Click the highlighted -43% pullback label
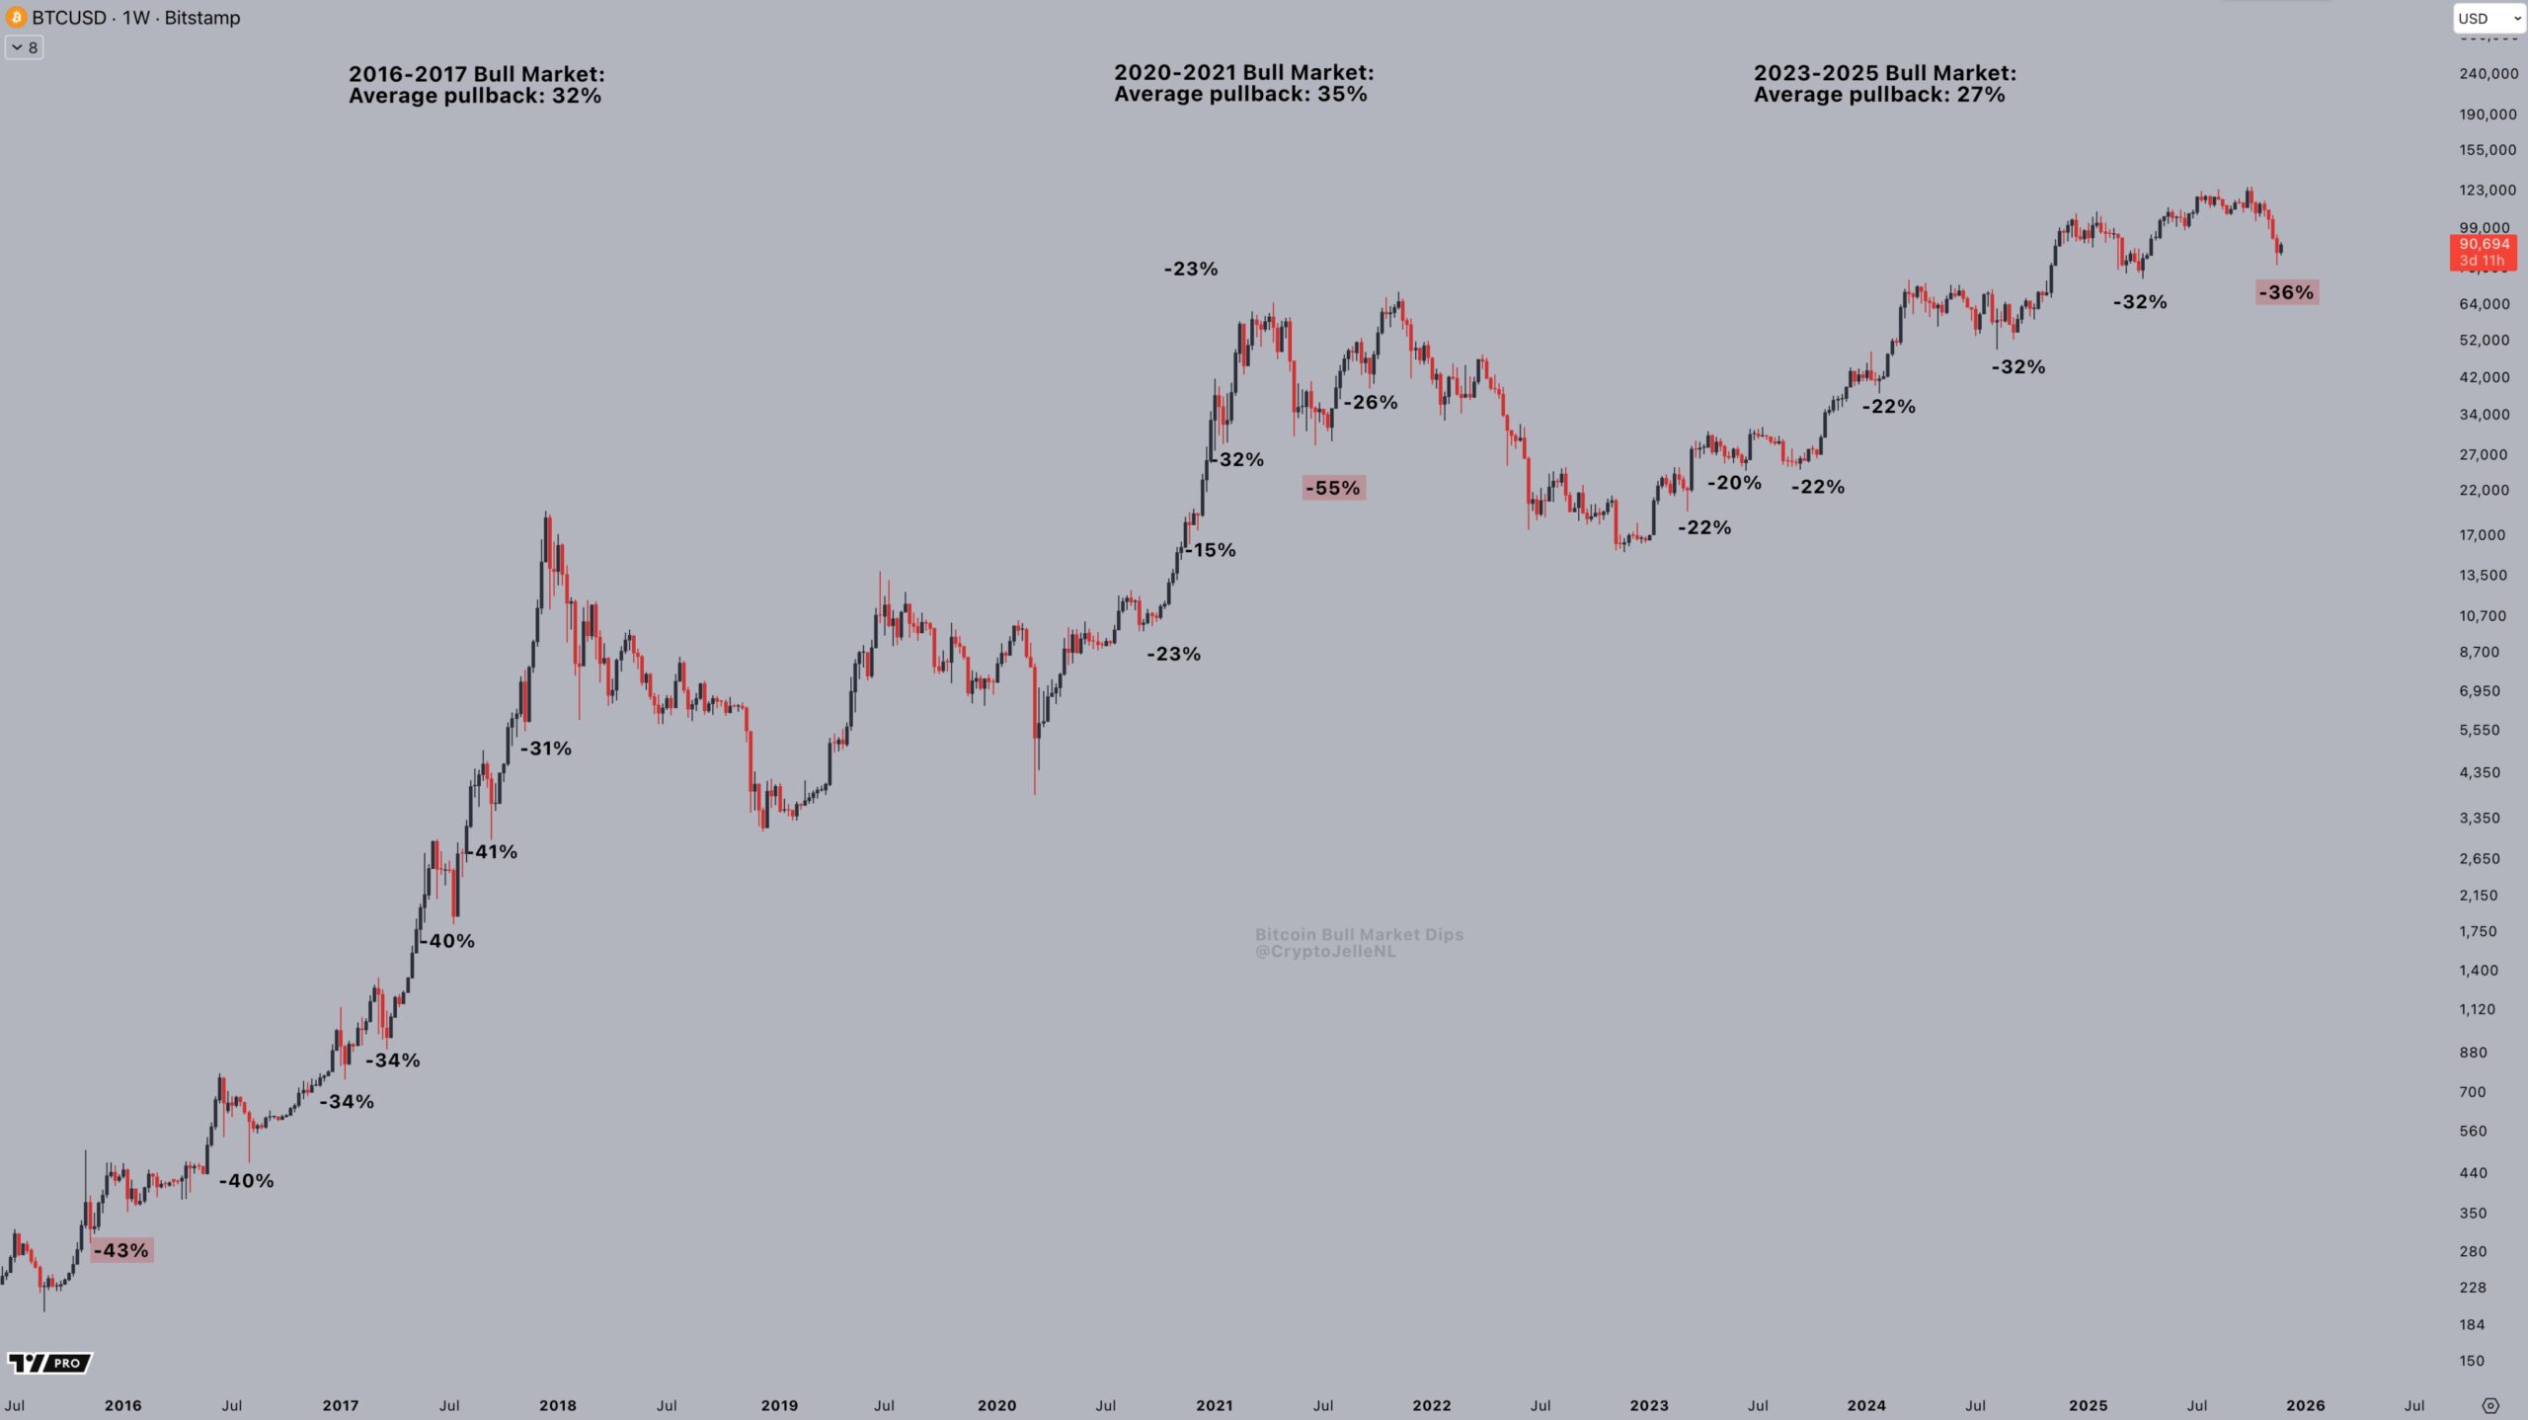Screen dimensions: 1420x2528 coord(121,1250)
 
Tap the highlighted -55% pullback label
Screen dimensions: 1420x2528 coord(1333,488)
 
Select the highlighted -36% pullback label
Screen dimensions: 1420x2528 coord(2286,292)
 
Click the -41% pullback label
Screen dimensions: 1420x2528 coord(493,851)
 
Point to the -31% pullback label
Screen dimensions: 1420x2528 coord(547,749)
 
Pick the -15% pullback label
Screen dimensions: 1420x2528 coord(1212,550)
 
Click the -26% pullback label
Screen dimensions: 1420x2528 coord(1371,402)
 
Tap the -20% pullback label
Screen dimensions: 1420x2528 coord(1735,483)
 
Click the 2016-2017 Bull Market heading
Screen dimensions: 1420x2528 coord(476,74)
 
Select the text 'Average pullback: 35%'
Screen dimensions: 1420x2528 coord(1240,95)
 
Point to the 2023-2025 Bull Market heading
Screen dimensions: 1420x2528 coord(1884,73)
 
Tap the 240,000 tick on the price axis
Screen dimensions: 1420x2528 coord(2488,73)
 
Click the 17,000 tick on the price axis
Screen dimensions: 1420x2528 coord(2483,535)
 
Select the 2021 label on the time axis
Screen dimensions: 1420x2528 coord(1214,1405)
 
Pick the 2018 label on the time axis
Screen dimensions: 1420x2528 coord(558,1405)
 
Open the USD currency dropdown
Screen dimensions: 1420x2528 coord(2488,18)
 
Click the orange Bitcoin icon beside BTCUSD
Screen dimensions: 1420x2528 coord(16,18)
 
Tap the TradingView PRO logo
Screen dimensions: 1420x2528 coord(49,1363)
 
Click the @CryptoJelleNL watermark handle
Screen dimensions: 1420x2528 coord(1325,952)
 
